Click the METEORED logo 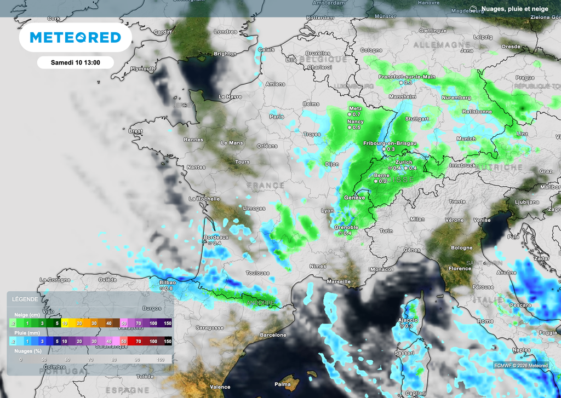[75, 37]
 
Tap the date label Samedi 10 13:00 [75, 62]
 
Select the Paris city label [277, 116]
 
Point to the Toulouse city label [257, 273]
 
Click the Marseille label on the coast [338, 281]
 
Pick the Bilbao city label [167, 282]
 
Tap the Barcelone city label [273, 334]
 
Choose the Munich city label [466, 139]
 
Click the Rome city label [485, 321]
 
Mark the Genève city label [354, 197]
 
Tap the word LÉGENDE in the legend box [24, 299]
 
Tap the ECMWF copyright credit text [520, 365]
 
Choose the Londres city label [225, 32]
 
